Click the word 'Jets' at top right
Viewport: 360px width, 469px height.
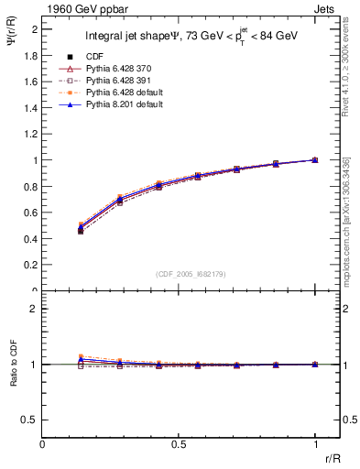tap(327, 10)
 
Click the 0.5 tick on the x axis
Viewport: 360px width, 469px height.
tap(179, 444)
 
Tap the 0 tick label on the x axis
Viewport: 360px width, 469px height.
tap(43, 444)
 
